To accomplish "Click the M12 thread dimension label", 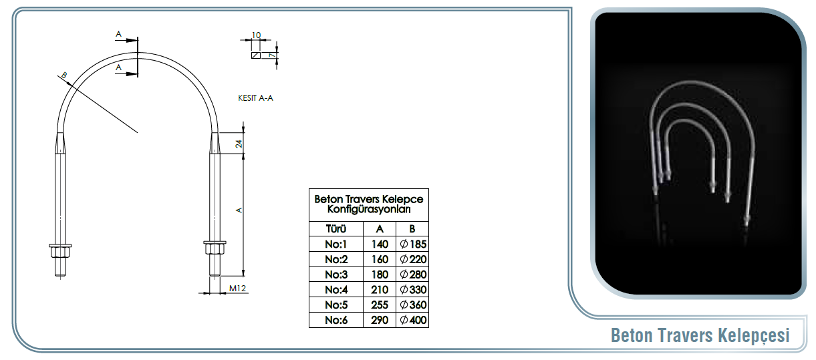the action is click(x=237, y=289).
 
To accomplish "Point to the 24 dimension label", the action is click(x=239, y=144).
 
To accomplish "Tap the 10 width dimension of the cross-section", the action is click(x=256, y=35).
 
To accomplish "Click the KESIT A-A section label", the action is click(x=255, y=98).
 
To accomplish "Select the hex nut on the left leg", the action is click(x=60, y=251).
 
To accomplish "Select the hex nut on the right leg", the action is click(x=215, y=248).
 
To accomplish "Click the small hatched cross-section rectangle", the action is click(x=256, y=55).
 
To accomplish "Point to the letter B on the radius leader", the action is click(x=64, y=75).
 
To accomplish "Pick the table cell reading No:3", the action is click(x=336, y=275).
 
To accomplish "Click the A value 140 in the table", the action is click(x=380, y=244).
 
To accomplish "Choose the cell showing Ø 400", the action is click(x=413, y=320).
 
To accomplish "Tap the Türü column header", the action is click(x=336, y=229).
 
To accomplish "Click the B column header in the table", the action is click(x=412, y=229).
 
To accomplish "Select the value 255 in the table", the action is click(x=380, y=305).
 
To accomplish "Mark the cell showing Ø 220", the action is click(x=413, y=259).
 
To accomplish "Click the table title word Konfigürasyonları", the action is click(x=369, y=210).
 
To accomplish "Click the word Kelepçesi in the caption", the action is click(x=754, y=335).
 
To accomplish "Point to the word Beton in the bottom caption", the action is click(x=633, y=335).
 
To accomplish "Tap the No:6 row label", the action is click(x=336, y=320).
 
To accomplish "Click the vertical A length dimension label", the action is click(x=239, y=210).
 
